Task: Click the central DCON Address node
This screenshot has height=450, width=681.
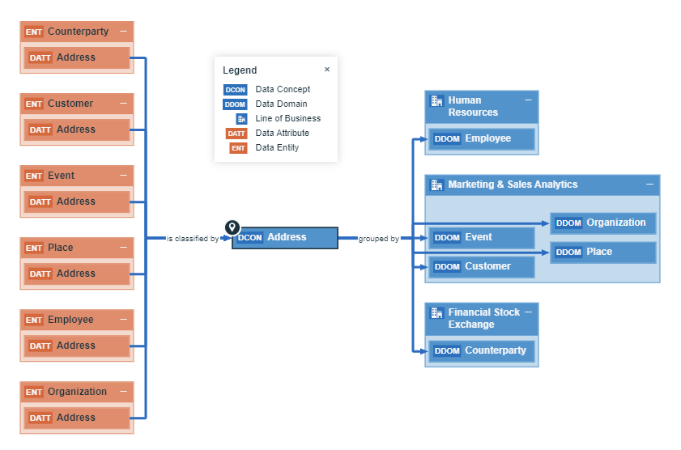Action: pyautogui.click(x=285, y=238)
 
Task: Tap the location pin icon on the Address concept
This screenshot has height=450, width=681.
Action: pyautogui.click(x=232, y=227)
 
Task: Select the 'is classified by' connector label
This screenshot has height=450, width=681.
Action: pyautogui.click(x=192, y=239)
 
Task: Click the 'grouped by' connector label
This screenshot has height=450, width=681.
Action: pyautogui.click(x=378, y=239)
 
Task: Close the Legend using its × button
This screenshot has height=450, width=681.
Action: pyautogui.click(x=327, y=70)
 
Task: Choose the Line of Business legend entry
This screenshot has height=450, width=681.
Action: pyautogui.click(x=287, y=119)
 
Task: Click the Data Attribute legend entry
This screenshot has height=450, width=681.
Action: pyautogui.click(x=282, y=134)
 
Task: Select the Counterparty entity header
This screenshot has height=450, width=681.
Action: pyautogui.click(x=77, y=32)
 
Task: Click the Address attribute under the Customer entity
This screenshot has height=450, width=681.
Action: pyautogui.click(x=76, y=129)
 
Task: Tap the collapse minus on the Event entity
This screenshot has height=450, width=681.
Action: pyautogui.click(x=123, y=176)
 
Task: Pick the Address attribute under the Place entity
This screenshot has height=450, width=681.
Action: pyautogui.click(x=76, y=274)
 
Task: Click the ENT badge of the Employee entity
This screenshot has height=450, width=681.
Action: pyautogui.click(x=34, y=321)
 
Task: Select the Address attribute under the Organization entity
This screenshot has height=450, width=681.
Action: pyautogui.click(x=76, y=418)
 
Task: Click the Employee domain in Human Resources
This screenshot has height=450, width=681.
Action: pyautogui.click(x=482, y=139)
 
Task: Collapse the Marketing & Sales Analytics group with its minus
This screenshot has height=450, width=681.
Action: pyautogui.click(x=649, y=185)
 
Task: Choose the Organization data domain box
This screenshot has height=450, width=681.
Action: pyautogui.click(x=603, y=223)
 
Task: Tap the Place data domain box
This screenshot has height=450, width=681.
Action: pyautogui.click(x=603, y=253)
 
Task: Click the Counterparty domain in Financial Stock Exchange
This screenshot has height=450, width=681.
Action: pyautogui.click(x=482, y=351)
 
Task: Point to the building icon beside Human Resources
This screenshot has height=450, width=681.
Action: pyautogui.click(x=436, y=101)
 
